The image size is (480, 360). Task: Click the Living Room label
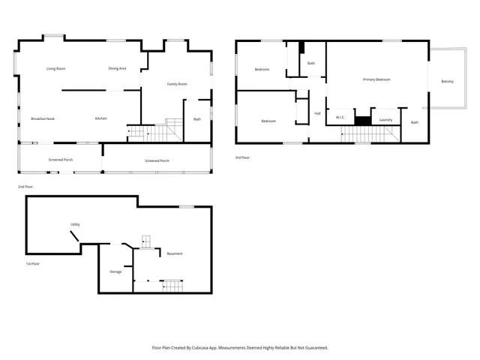coord(56,68)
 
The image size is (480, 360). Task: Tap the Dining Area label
coord(117,68)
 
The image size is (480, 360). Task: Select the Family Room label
coord(177,84)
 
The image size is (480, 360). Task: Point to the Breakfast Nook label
coord(43,118)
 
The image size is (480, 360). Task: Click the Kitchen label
coord(100,118)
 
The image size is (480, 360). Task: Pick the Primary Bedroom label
coord(376,79)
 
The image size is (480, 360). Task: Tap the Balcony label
coord(447,81)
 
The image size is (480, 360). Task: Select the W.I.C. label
coord(340,118)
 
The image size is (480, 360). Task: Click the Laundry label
coord(386,119)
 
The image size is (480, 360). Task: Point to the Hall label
coord(317,113)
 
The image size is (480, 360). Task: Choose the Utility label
coord(75,224)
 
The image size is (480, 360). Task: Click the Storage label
coord(115,271)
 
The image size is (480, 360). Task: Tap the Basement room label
coord(175,253)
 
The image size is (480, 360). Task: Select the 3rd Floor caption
coord(242,157)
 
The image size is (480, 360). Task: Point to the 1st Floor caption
coord(33,263)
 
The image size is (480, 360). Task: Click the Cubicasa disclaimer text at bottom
coord(240,347)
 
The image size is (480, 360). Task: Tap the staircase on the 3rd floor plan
coord(367,134)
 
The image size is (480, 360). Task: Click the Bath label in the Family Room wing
coord(197,118)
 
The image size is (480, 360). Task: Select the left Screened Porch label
coord(60,160)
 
